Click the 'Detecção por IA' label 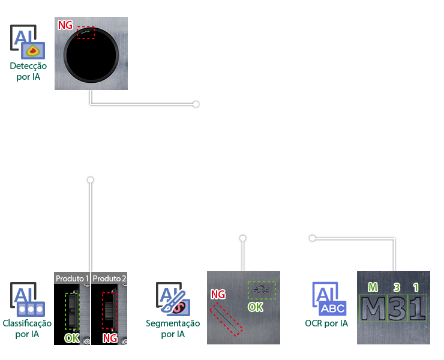click(x=28, y=71)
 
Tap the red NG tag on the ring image click(x=65, y=25)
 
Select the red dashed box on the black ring click(x=86, y=32)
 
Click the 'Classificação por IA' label click(x=27, y=328)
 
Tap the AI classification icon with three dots click(x=28, y=300)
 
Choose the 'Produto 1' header click(x=72, y=278)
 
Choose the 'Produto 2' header click(x=109, y=278)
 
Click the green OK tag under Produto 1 click(x=72, y=338)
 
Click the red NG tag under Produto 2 click(x=110, y=338)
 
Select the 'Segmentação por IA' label click(x=173, y=328)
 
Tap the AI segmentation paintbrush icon click(x=173, y=299)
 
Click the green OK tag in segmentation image click(x=256, y=307)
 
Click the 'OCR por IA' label click(x=326, y=323)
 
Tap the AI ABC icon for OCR click(x=328, y=299)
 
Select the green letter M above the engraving click(x=373, y=287)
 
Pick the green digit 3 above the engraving click(x=397, y=287)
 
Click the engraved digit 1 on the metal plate click(x=416, y=308)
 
